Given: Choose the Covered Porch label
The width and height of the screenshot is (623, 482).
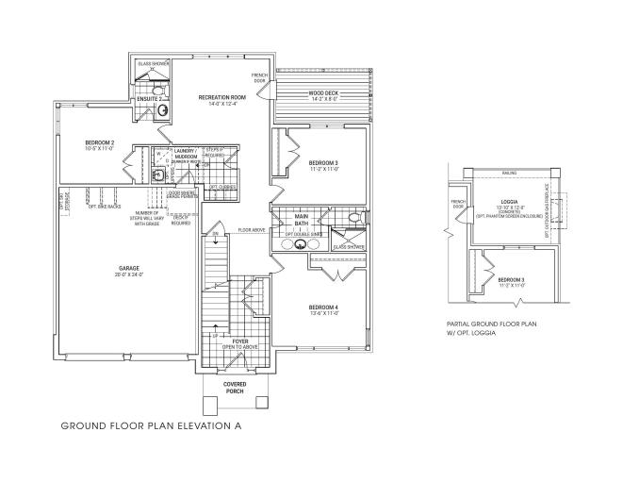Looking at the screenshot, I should pyautogui.click(x=236, y=389).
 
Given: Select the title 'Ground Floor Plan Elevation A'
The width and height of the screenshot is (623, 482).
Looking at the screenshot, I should pyautogui.click(x=151, y=426).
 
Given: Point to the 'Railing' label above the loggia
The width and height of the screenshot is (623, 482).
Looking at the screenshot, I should pyautogui.click(x=509, y=174).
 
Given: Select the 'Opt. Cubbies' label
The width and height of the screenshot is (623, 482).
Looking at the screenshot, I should pyautogui.click(x=222, y=187).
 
